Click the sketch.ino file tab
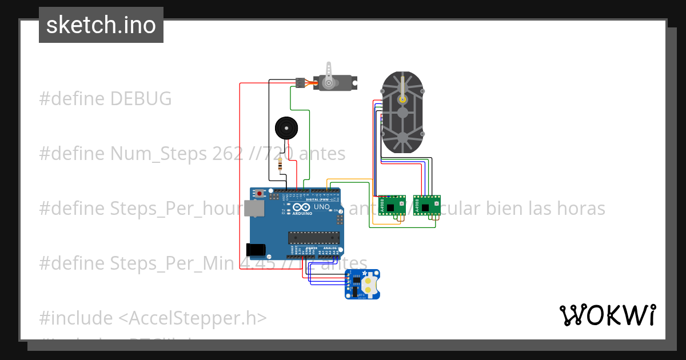101,25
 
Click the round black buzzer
286,128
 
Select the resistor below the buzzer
280,166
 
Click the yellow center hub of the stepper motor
403,99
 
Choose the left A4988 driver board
392,205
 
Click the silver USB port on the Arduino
254,208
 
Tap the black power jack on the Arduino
255,250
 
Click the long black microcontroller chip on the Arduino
313,237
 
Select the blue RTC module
362,285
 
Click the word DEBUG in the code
141,99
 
